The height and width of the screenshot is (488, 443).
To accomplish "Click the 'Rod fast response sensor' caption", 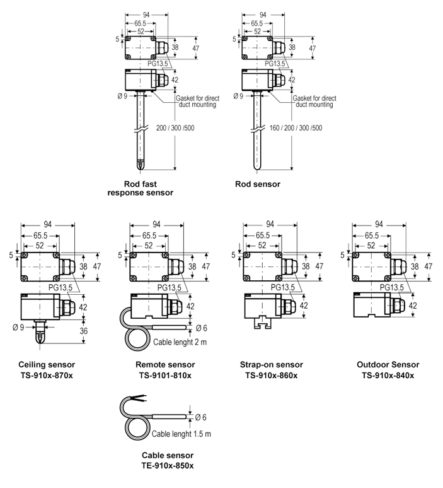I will [139, 188].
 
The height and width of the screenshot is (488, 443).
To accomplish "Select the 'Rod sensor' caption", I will [257, 184].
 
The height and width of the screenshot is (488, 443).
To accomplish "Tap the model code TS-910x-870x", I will [47, 375].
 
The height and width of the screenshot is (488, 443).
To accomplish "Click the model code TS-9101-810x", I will [165, 375].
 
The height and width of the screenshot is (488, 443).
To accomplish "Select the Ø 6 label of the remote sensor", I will [202, 328].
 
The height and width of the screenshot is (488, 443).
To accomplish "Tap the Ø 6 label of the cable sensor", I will [202, 417].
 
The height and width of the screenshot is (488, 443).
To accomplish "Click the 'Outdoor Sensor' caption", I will [388, 365].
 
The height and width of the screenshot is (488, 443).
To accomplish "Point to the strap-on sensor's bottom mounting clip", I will [261, 323].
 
